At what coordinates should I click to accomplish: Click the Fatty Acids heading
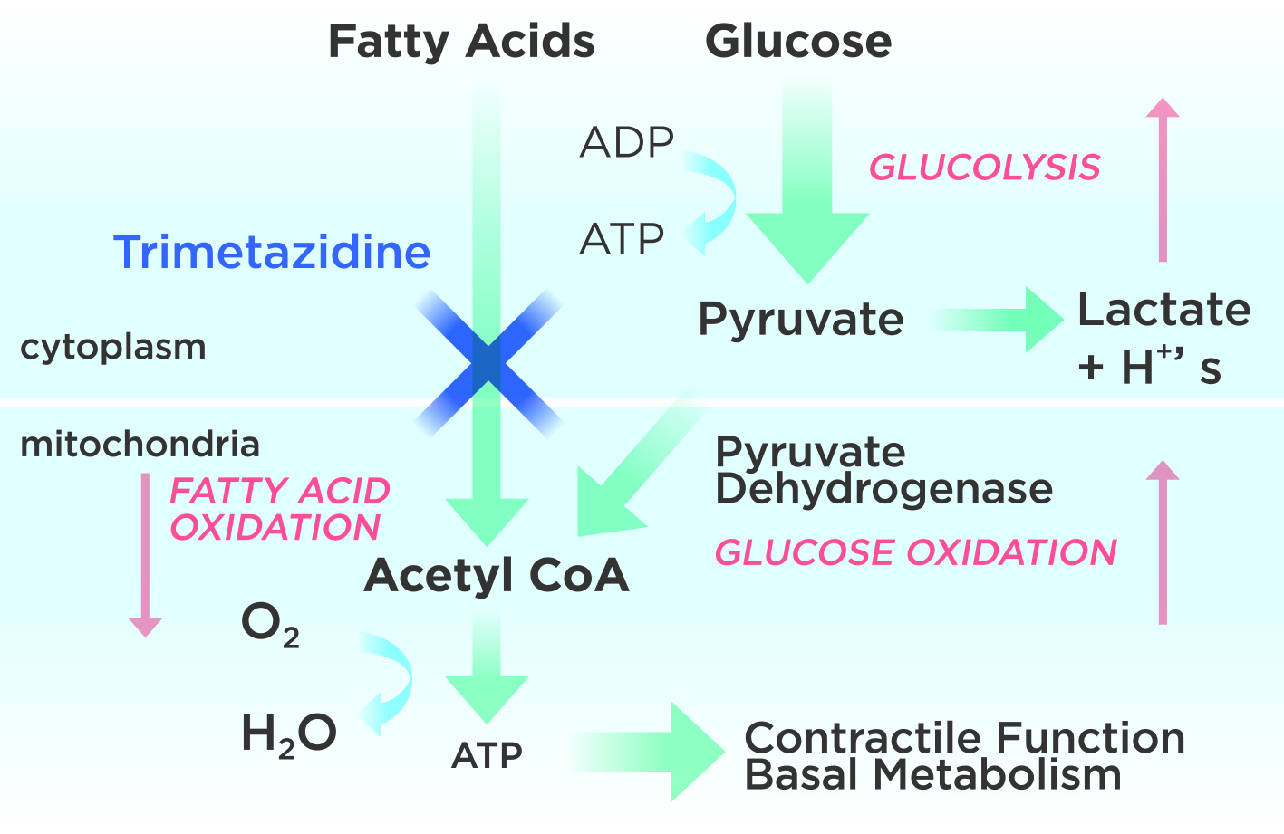461,42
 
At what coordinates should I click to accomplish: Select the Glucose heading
798,42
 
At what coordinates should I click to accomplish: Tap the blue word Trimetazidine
272,252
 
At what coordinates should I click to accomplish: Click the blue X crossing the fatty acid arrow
488,362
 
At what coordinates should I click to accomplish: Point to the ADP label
627,143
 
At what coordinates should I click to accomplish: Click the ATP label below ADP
623,239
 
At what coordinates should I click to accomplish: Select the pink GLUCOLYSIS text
984,168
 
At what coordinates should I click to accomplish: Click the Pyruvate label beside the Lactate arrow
801,320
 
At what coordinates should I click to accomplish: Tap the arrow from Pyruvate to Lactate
997,319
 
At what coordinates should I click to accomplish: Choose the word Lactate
1163,311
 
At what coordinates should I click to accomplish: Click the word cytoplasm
113,347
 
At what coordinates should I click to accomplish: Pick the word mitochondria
140,445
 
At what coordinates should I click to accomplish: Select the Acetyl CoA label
497,575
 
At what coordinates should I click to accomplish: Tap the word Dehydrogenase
883,490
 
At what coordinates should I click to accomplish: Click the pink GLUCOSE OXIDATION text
915,552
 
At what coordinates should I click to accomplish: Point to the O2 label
269,625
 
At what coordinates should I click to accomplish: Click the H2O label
289,733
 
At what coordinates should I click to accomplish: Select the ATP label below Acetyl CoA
487,755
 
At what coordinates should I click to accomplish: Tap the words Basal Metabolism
932,776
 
